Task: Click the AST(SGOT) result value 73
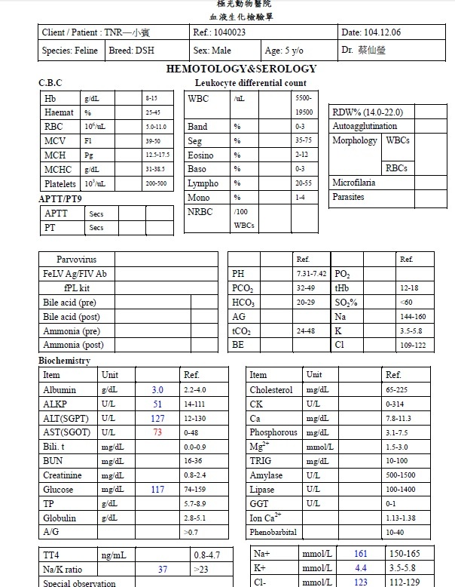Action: point(157,432)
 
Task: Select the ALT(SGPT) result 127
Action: point(157,418)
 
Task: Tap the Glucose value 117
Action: point(157,490)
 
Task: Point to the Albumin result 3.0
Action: point(157,390)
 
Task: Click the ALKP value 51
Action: point(157,404)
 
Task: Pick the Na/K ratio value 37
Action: point(163,570)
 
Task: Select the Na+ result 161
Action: point(360,555)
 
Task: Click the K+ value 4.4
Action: point(360,569)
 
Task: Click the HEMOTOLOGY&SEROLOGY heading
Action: point(241,69)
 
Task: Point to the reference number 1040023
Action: point(230,33)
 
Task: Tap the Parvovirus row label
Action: point(76,260)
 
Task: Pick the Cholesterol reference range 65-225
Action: point(395,390)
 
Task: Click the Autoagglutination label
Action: point(365,126)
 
